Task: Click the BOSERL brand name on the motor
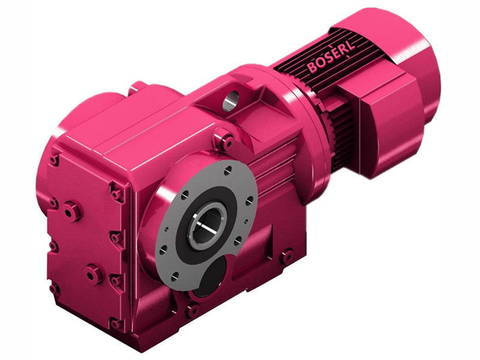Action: (x=331, y=57)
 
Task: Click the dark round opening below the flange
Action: (x=210, y=278)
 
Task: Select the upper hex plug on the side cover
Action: (x=72, y=211)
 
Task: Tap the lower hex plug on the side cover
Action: (x=94, y=274)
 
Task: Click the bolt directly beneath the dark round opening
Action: (x=193, y=311)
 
